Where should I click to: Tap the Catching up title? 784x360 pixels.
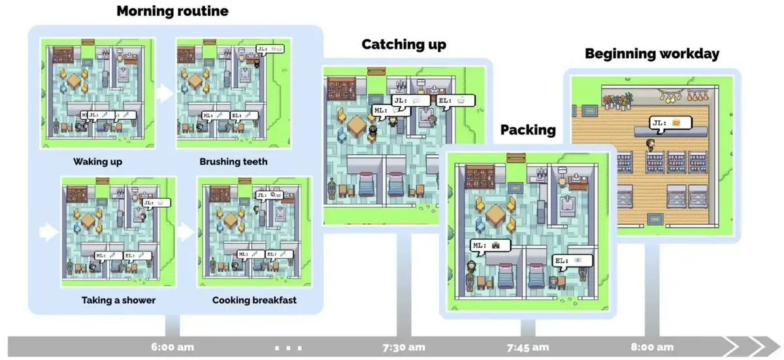[404, 44]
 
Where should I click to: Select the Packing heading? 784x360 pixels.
[528, 129]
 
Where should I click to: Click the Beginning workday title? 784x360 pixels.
[651, 54]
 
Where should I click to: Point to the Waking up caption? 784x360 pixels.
[97, 161]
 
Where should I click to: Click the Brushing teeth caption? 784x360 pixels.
[233, 161]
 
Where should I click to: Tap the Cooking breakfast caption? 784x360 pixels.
[254, 301]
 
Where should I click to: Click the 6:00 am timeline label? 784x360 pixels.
[172, 347]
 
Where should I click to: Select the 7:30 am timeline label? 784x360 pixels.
[403, 347]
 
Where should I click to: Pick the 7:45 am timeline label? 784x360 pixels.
[529, 347]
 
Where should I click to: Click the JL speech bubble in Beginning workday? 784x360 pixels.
[666, 122]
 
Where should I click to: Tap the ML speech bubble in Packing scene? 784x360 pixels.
[488, 245]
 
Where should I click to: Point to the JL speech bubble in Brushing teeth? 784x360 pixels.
[268, 48]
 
